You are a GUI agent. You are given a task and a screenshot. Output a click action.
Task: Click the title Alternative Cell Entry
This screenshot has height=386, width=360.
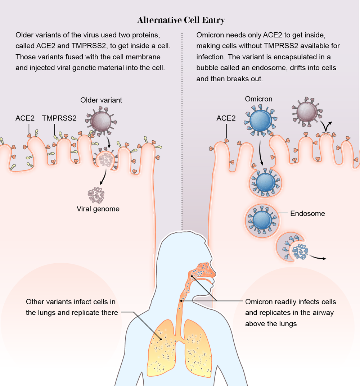181,20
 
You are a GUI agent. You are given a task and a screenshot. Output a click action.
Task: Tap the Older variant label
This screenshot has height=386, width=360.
101,100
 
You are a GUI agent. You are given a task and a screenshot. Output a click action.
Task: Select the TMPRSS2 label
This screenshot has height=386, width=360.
59,118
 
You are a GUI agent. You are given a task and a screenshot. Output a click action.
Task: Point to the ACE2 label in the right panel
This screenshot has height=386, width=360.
226,118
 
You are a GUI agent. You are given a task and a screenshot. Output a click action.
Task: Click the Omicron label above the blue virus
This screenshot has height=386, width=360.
258,99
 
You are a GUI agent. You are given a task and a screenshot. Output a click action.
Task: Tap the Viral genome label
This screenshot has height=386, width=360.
98,209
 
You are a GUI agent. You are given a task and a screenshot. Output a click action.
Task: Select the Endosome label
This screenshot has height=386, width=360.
307,214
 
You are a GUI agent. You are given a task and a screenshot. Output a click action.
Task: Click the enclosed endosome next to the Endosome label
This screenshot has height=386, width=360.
262,218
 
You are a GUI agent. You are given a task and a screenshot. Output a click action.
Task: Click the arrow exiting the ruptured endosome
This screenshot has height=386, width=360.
319,258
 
